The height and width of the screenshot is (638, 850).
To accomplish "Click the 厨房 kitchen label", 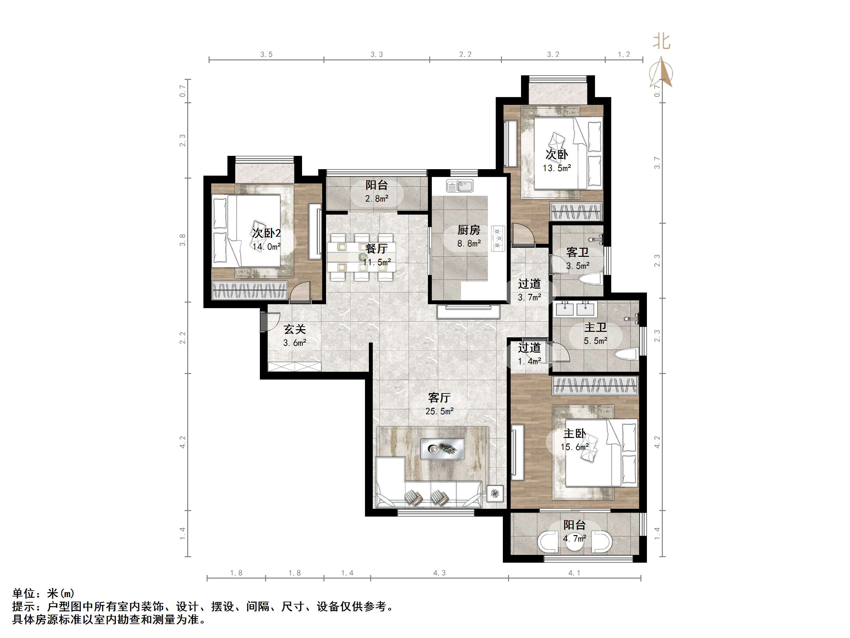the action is click(468, 230).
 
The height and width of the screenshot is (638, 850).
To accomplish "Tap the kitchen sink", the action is click(460, 186).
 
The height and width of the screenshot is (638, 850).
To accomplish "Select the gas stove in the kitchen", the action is click(498, 238).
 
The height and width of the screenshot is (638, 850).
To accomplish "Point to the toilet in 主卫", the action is click(626, 354).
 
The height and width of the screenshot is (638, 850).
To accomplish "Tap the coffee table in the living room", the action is click(442, 449).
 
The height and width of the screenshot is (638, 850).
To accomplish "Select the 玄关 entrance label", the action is click(295, 329).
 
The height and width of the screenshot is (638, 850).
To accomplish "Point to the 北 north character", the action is click(661, 42).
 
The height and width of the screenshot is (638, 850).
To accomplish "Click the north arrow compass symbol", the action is click(661, 72).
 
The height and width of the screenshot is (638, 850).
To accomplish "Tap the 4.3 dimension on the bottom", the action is click(439, 573).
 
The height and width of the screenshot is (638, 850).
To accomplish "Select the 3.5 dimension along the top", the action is click(266, 55).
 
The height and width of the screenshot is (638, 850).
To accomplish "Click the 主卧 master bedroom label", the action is click(575, 433).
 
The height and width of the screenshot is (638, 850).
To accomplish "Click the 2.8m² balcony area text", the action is click(377, 199).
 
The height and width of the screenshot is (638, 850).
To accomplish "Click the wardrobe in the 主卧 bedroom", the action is click(595, 386).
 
